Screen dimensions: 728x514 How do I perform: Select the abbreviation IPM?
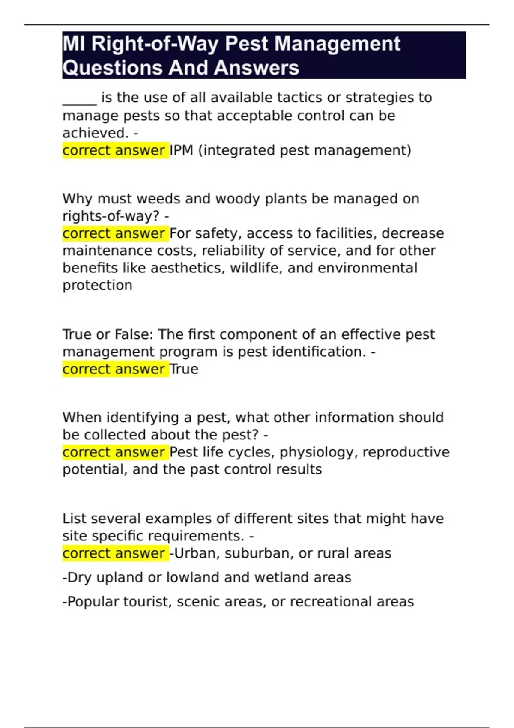click(182, 151)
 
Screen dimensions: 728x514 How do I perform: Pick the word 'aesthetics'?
click(188, 268)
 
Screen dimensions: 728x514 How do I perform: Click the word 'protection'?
click(97, 286)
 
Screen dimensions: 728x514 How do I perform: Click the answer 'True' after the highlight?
click(184, 369)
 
